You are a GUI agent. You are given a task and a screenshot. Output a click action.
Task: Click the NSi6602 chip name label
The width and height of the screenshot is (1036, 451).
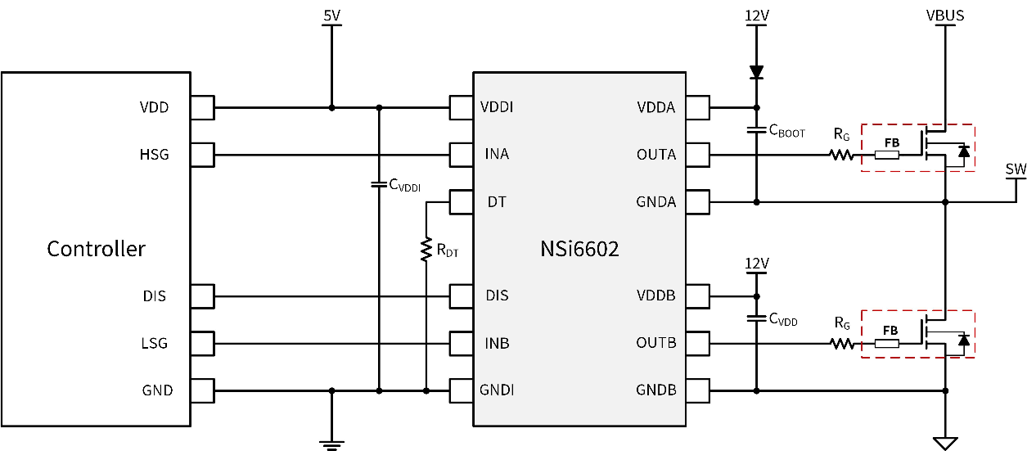pyautogui.click(x=579, y=249)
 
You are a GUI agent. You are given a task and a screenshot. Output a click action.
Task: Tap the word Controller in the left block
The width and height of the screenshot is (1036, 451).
pyautogui.click(x=96, y=249)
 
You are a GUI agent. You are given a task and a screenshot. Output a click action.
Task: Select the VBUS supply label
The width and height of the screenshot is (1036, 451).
pyautogui.click(x=945, y=15)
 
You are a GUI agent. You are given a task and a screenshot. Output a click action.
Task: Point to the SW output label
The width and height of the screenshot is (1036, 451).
pyautogui.click(x=1016, y=169)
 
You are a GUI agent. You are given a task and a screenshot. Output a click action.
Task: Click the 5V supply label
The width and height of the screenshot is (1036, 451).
pyautogui.click(x=331, y=15)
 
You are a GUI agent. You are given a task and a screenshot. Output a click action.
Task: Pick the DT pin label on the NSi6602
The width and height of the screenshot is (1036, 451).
pyautogui.click(x=497, y=201)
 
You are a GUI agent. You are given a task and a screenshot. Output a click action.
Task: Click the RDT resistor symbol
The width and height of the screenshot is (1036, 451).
pyautogui.click(x=426, y=250)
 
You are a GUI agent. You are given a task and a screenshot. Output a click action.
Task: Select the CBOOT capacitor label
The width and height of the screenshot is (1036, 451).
pyautogui.click(x=786, y=129)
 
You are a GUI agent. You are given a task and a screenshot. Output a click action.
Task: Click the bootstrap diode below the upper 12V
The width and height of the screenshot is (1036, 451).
pyautogui.click(x=756, y=72)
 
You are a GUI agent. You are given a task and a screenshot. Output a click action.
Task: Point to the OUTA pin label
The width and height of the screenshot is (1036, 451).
pyautogui.click(x=656, y=155)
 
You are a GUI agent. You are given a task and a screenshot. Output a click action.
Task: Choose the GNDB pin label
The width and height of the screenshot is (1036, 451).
pyautogui.click(x=655, y=390)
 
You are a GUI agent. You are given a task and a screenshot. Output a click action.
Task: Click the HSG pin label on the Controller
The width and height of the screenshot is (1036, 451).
pyautogui.click(x=155, y=154)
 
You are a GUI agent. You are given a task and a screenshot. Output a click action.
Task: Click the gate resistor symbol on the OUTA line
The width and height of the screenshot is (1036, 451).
pyautogui.click(x=840, y=155)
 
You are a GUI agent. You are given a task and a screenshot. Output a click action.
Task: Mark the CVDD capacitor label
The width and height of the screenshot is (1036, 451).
pyautogui.click(x=783, y=319)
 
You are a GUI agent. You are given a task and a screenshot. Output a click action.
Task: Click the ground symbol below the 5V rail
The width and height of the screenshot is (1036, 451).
pyautogui.click(x=331, y=443)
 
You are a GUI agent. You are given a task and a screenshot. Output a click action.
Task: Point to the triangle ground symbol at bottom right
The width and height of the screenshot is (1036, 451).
pyautogui.click(x=945, y=443)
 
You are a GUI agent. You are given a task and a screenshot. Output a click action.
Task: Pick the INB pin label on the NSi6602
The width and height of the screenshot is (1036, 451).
pyautogui.click(x=497, y=343)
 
